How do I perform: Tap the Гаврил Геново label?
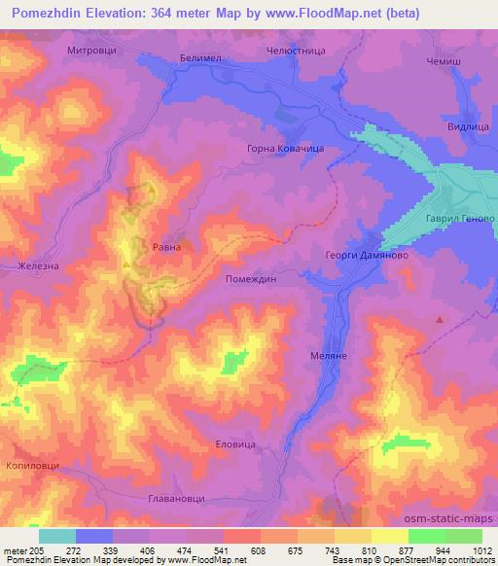(x=460, y=219)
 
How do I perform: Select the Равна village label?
(x=166, y=247)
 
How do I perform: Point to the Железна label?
(x=41, y=264)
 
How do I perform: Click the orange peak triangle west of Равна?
(x=125, y=262)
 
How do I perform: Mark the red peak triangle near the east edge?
(x=440, y=319)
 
